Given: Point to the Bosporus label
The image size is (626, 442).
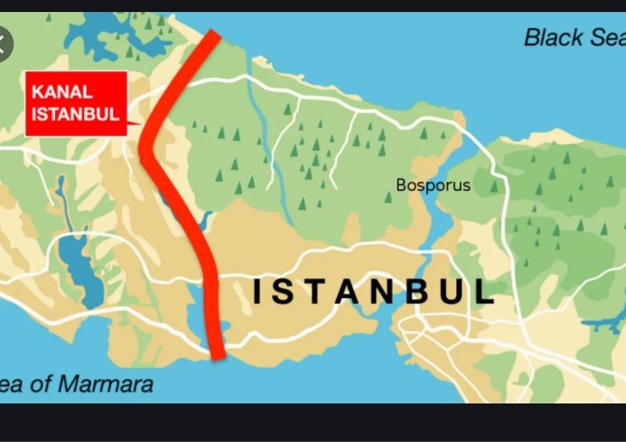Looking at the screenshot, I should pyautogui.click(x=433, y=185).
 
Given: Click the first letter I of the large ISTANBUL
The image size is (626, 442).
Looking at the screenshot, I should pyautogui.click(x=258, y=291).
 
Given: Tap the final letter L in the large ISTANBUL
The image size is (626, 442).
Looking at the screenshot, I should pyautogui.click(x=486, y=291).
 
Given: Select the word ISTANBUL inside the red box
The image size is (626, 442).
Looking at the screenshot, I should pyautogui.click(x=75, y=114).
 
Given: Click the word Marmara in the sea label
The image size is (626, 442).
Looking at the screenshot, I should pyautogui.click(x=110, y=384).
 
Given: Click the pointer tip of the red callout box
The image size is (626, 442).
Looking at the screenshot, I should pyautogui.click(x=140, y=126).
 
